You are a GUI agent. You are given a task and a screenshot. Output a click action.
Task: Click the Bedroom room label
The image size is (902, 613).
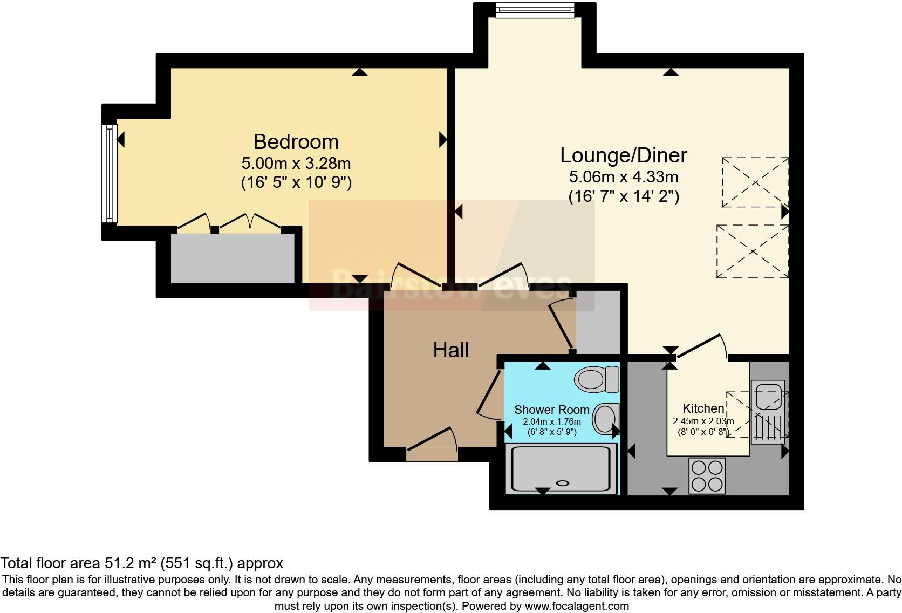[296, 142]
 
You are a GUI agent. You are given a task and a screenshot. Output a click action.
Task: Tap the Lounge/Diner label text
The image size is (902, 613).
[623, 155]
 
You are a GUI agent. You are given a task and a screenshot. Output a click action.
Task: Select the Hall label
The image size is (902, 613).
[450, 350]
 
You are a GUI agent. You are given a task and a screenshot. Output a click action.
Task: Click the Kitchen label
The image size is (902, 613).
[703, 408]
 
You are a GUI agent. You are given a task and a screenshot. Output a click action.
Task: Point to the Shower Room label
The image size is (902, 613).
[551, 410]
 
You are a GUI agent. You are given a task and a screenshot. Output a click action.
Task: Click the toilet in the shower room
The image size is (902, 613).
[597, 379]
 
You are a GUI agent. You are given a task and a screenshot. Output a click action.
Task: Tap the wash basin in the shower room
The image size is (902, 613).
[605, 419]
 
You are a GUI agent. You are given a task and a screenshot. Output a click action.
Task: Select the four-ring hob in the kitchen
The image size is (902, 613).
[707, 475]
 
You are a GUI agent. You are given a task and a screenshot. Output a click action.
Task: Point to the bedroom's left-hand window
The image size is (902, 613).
[110, 173]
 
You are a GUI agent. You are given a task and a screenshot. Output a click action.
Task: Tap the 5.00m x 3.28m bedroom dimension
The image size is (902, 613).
[296, 163]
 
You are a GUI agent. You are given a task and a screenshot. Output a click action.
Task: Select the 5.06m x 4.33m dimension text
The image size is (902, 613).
[623, 176]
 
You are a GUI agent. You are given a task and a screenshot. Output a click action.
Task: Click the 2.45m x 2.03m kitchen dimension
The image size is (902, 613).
[703, 421]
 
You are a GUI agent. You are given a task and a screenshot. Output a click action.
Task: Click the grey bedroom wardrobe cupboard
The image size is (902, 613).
[233, 258]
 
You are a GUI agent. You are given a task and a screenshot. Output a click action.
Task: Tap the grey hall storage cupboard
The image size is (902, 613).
[597, 322]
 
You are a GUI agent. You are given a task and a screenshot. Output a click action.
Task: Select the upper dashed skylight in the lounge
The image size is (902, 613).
[755, 182]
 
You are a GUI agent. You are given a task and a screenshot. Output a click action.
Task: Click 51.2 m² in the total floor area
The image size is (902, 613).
[130, 563]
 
